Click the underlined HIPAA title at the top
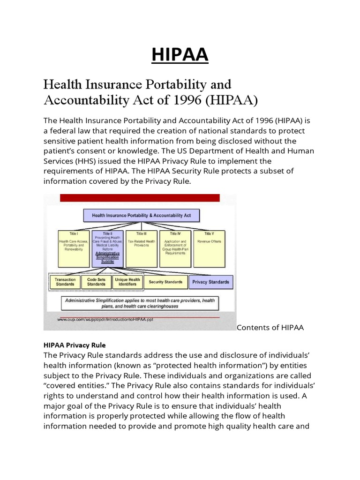click(180, 55)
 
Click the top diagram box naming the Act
click(142, 216)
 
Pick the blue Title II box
click(107, 248)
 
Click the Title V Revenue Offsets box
click(209, 248)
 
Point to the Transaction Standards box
click(65, 282)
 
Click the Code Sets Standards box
click(97, 282)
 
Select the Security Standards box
click(165, 282)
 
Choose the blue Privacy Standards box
click(210, 282)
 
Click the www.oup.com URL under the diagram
click(105, 319)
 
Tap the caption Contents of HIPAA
click(270, 328)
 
